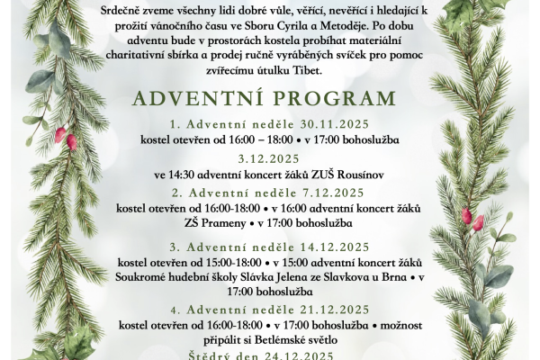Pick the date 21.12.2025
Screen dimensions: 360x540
tap(331, 309)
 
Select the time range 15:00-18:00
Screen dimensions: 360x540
tap(237, 262)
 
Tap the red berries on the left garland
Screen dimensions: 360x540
tap(66, 138)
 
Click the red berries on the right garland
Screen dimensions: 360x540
tap(472, 219)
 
